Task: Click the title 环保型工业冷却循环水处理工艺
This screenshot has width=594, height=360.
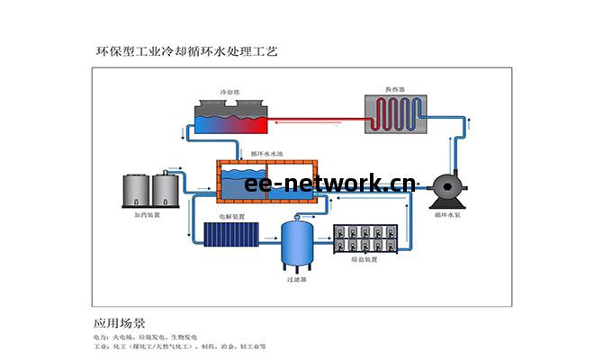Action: coord(187,52)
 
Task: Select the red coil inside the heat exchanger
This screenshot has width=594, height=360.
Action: coord(395,115)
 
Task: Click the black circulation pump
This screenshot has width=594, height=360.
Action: coord(447,188)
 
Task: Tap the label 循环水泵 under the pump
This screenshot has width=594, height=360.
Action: coord(448,215)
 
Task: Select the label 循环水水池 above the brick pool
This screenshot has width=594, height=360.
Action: coord(266,156)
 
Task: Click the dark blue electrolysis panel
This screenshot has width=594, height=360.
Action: coord(232,236)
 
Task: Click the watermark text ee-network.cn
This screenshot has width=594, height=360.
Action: coord(329,184)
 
